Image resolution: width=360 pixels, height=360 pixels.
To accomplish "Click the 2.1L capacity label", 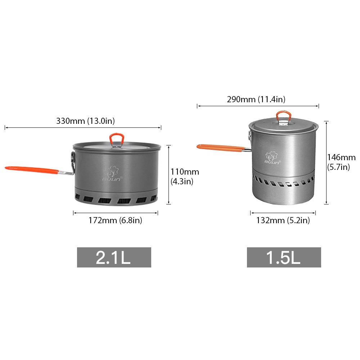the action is point(114,257).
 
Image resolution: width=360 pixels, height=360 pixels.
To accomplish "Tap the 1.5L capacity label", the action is point(284,257).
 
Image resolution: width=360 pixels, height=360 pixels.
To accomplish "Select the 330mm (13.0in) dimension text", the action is point(85,121).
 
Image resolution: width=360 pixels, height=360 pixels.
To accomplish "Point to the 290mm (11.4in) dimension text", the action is point(256,99).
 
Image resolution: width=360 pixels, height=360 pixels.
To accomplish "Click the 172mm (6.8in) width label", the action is point(115,220).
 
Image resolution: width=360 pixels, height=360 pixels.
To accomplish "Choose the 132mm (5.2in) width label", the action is point(283,220).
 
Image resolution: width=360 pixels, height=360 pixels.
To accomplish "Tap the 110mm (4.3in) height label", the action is point(185,176).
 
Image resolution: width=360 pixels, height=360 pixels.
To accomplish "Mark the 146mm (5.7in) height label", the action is point(341,162).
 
